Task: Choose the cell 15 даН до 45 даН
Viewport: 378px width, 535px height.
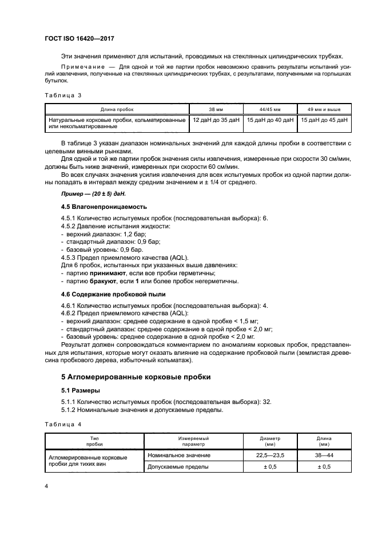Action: [x=323, y=120]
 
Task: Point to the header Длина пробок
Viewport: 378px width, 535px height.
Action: [x=117, y=109]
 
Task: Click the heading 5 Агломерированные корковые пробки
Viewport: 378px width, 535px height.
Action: [x=128, y=377]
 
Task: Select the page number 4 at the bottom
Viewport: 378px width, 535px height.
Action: [x=46, y=486]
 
